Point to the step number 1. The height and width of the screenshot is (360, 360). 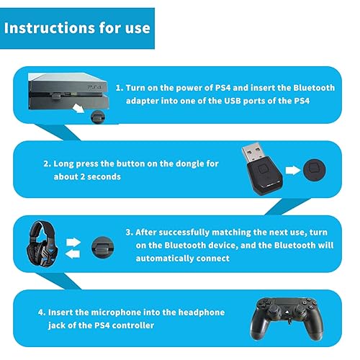pyautogui.click(x=118, y=87)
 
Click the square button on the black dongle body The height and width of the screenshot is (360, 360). pyautogui.click(x=274, y=172)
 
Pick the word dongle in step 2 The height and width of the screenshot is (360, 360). pyautogui.click(x=185, y=163)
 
